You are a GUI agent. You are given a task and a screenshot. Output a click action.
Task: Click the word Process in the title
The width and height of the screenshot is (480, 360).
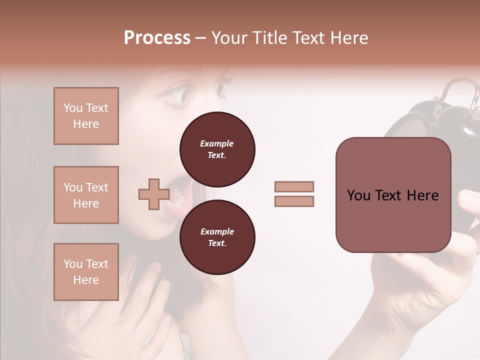click(x=157, y=38)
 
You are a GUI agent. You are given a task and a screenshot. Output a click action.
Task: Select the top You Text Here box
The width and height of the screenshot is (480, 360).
click(x=86, y=116)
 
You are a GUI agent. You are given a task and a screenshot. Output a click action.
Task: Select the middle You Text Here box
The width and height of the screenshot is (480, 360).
click(x=86, y=195)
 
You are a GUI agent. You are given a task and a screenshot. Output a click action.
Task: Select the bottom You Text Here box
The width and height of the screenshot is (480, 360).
click(x=86, y=272)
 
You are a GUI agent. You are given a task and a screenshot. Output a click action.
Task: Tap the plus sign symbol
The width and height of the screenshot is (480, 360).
click(x=154, y=194)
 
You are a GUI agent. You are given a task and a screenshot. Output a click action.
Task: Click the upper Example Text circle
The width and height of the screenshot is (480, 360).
click(x=217, y=149)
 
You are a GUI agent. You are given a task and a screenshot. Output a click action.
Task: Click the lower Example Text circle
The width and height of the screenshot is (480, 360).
click(x=217, y=237)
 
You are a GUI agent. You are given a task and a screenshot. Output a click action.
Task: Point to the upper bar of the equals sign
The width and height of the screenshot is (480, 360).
click(x=294, y=186)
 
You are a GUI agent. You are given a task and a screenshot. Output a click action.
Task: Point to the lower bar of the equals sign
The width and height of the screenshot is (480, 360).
click(x=294, y=201)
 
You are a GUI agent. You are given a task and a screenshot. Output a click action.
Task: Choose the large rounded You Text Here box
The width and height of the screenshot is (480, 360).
click(x=393, y=195)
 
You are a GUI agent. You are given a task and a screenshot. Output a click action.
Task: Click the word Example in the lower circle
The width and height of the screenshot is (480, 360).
click(x=217, y=231)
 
